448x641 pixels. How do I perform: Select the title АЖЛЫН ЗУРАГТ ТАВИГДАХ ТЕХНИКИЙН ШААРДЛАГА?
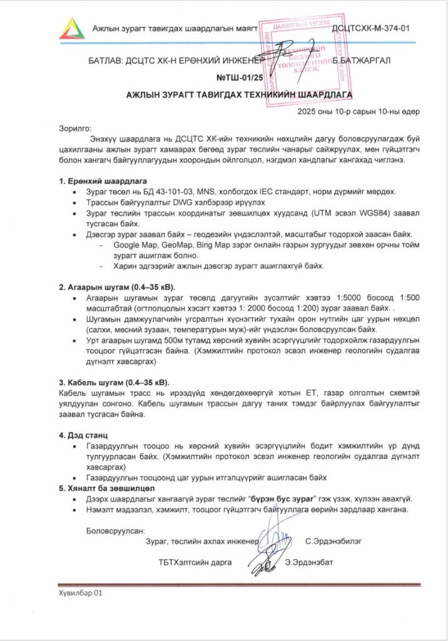(239, 95)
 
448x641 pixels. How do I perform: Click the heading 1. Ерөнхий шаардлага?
(103, 181)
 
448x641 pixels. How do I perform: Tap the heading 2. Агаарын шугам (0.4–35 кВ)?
(117, 287)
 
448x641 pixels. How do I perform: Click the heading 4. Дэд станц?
(83, 434)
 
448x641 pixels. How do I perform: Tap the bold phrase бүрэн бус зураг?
(282, 499)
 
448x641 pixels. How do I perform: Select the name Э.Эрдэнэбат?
(308, 562)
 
